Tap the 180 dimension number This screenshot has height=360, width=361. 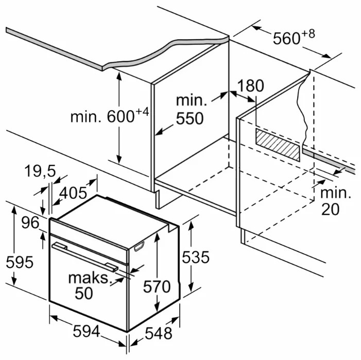(251, 86)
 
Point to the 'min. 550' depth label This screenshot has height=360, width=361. (190, 110)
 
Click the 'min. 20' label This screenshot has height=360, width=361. (335, 201)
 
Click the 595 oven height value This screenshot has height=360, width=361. (19, 262)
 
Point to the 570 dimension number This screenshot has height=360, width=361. (156, 286)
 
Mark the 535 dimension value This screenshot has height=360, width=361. (195, 257)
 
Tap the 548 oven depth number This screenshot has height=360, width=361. (157, 333)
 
